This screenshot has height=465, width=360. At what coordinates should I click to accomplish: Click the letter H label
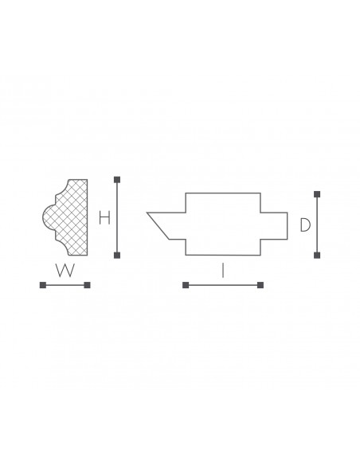pyautogui.click(x=104, y=217)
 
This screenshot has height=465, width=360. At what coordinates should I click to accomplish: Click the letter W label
pyautogui.click(x=65, y=270)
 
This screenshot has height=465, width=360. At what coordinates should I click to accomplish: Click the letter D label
pyautogui.click(x=305, y=225)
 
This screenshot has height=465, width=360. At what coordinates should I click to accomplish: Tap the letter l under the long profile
pyautogui.click(x=223, y=271)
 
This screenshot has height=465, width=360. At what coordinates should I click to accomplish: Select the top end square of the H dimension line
pyautogui.click(x=117, y=180)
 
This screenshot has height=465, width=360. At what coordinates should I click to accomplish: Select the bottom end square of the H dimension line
pyautogui.click(x=117, y=255)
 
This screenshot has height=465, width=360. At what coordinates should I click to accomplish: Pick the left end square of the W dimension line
pyautogui.click(x=43, y=285)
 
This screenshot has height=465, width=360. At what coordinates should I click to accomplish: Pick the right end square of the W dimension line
pyautogui.click(x=87, y=285)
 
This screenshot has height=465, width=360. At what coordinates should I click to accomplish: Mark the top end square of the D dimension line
pyautogui.click(x=317, y=194)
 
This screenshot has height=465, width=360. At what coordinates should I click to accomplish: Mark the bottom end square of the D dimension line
pyautogui.click(x=317, y=255)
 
